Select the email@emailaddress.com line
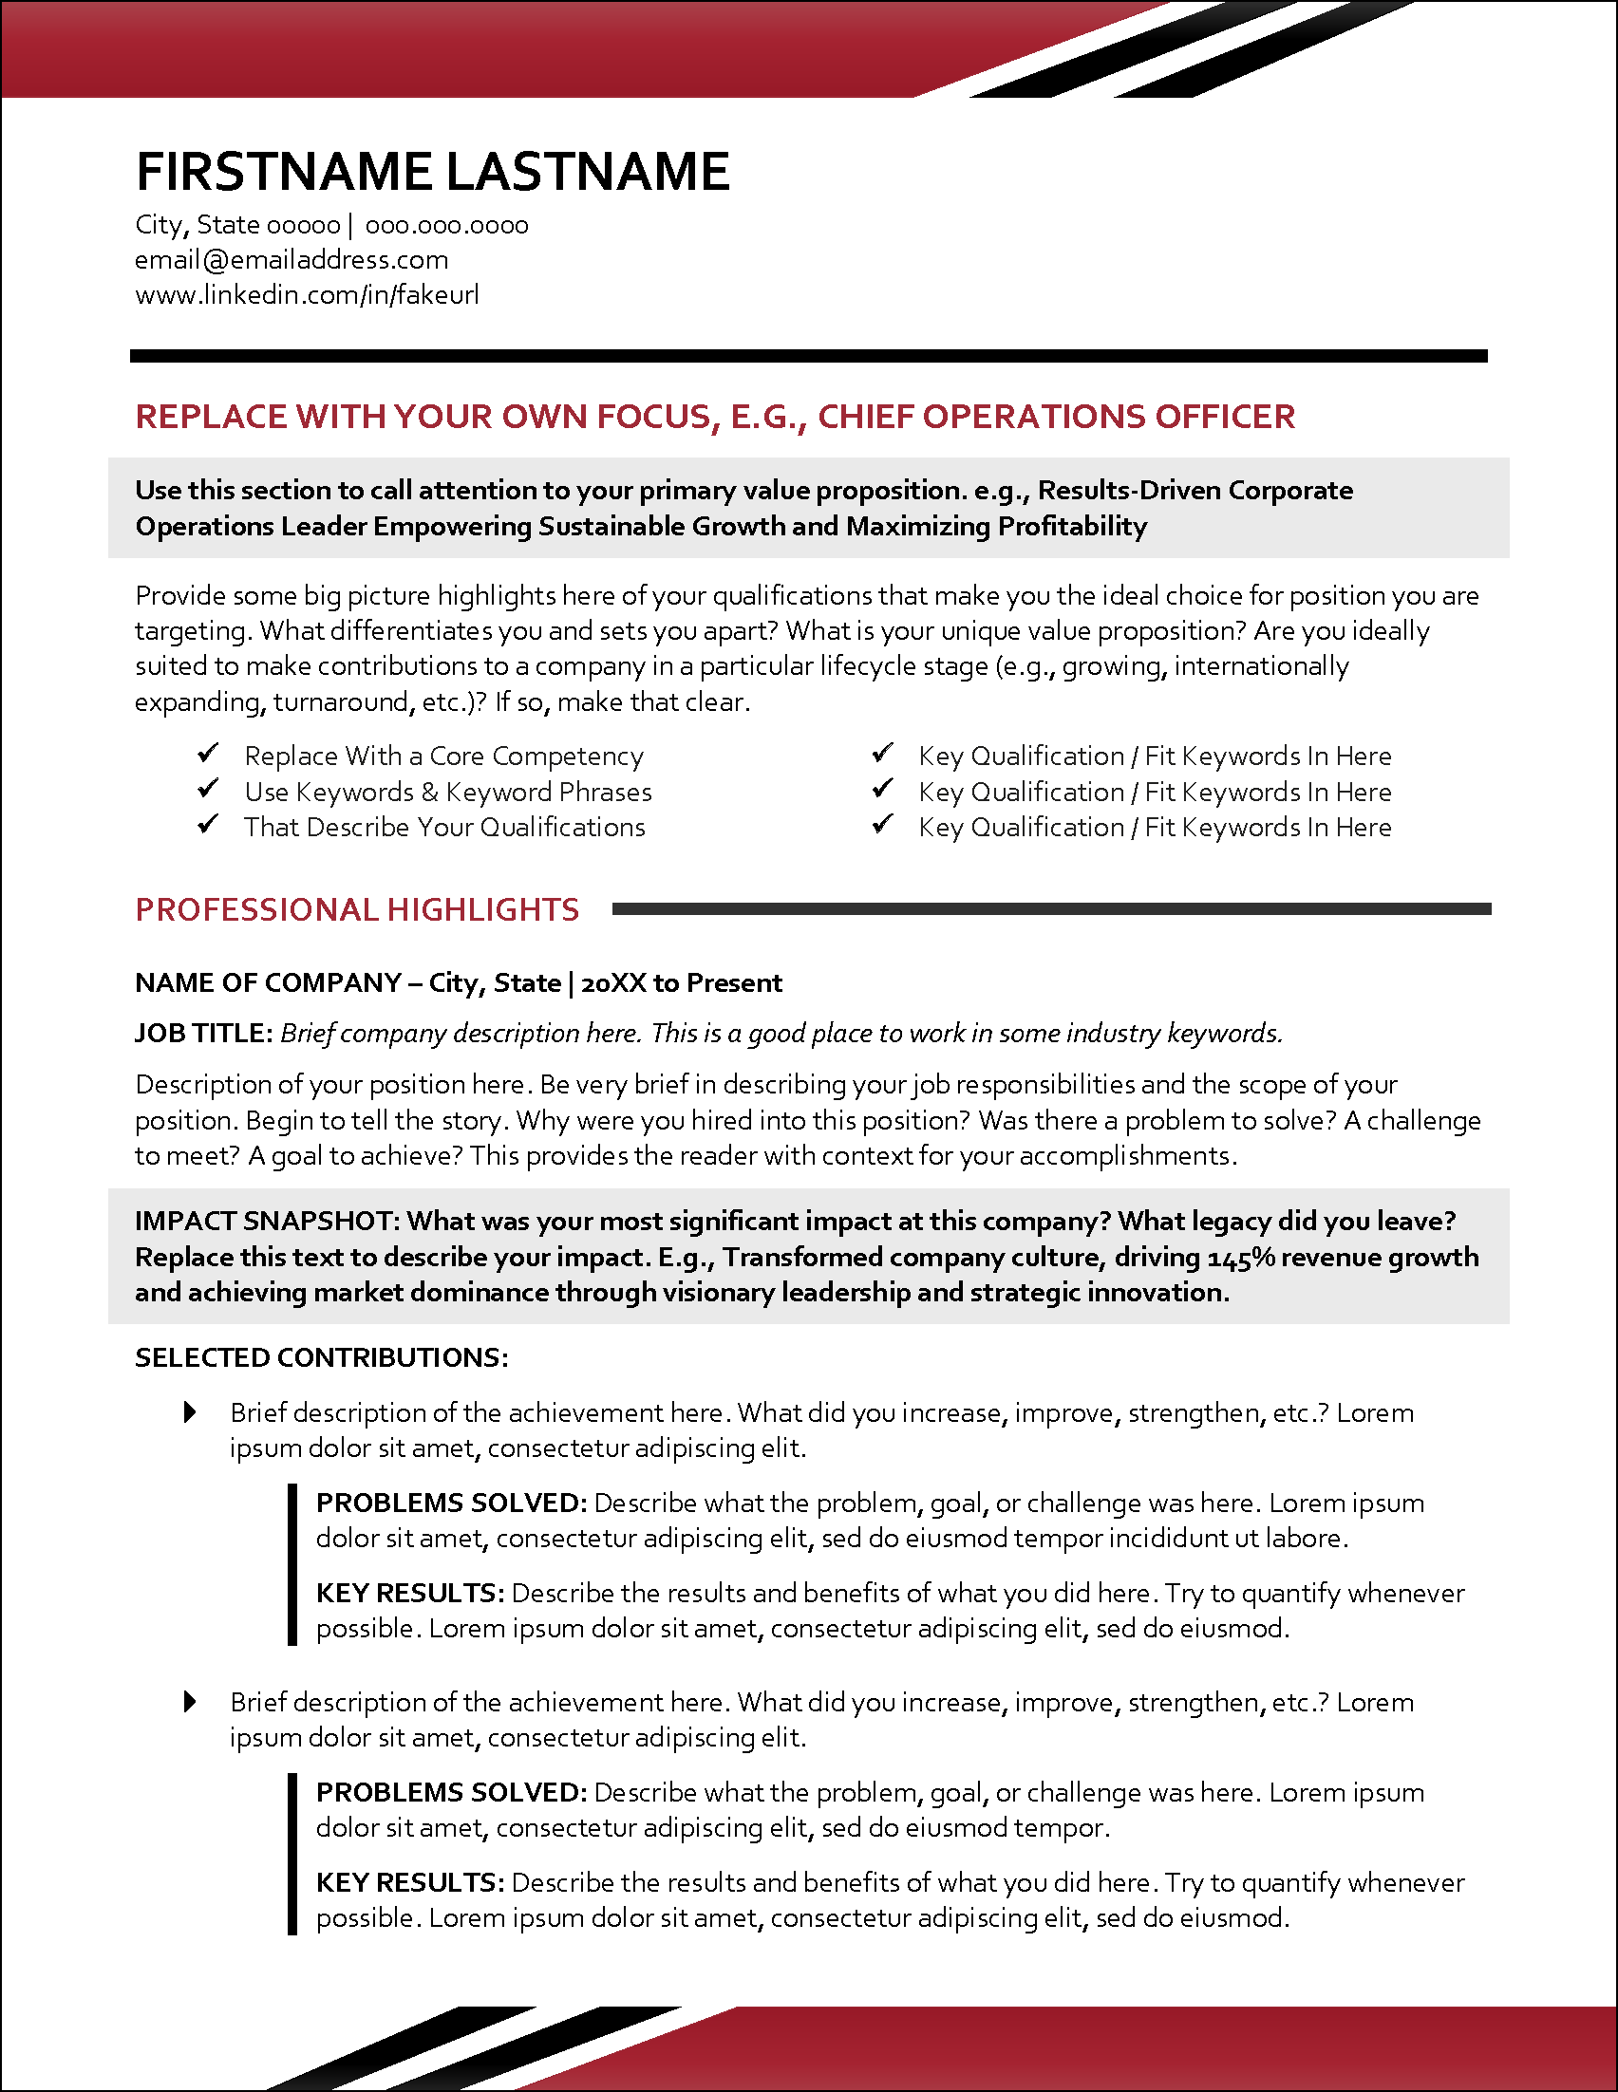click(x=292, y=259)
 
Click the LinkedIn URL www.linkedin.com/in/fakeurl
click(x=307, y=294)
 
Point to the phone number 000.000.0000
click(x=446, y=225)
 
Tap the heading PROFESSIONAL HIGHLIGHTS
click(x=356, y=909)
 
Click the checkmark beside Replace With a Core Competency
click(x=208, y=754)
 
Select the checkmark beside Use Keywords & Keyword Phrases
click(x=208, y=790)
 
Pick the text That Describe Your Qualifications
click(x=444, y=827)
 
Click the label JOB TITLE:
click(x=204, y=1033)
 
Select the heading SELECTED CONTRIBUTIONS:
click(x=321, y=1357)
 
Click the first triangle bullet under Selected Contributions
click(x=190, y=1411)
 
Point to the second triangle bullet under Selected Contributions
click(x=190, y=1701)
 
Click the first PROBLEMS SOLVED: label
click(x=450, y=1502)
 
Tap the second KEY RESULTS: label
click(x=409, y=1882)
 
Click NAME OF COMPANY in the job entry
click(x=267, y=982)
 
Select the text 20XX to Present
click(x=681, y=982)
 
